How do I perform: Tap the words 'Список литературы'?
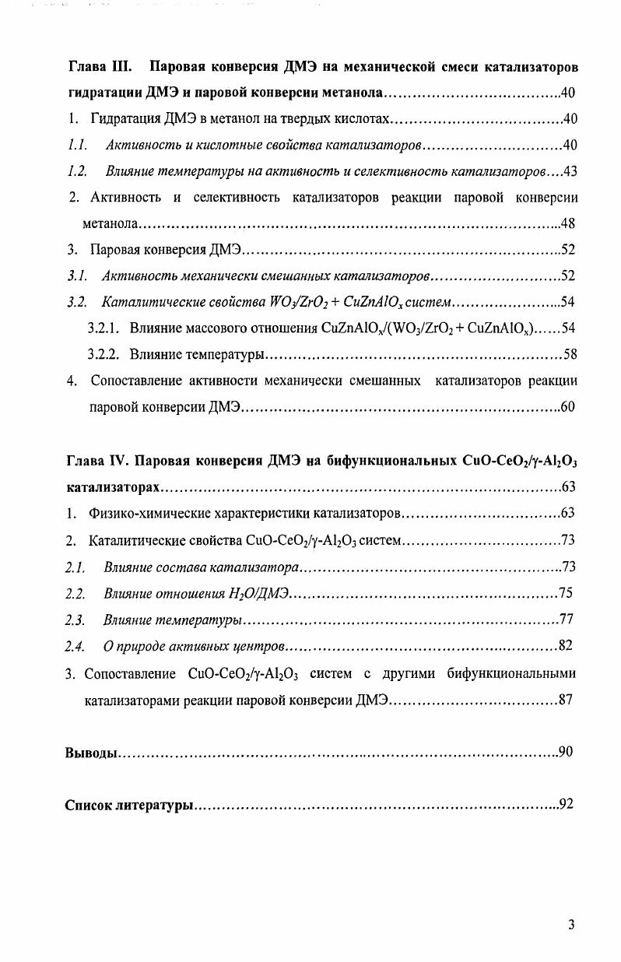pyautogui.click(x=129, y=805)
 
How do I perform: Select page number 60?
pyautogui.click(x=568, y=409)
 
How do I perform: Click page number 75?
pyautogui.click(x=566, y=593)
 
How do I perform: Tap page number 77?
pyautogui.click(x=566, y=620)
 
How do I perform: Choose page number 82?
pyautogui.click(x=566, y=646)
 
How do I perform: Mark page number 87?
pyautogui.click(x=566, y=699)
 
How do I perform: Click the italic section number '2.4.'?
pyautogui.click(x=75, y=647)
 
